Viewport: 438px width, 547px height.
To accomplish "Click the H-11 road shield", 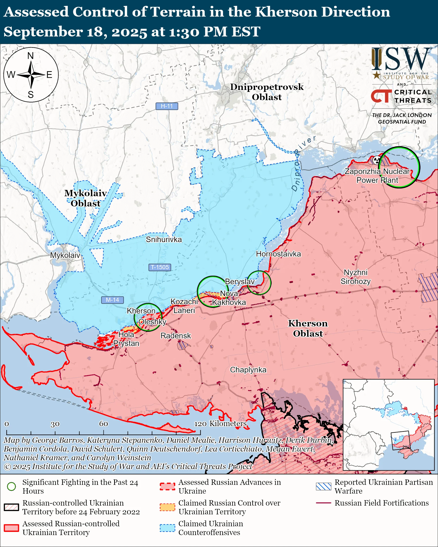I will pyautogui.click(x=167, y=106).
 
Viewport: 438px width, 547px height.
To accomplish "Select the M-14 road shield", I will pyautogui.click(x=112, y=300).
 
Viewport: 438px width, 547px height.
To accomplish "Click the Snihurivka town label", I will pyautogui.click(x=164, y=240).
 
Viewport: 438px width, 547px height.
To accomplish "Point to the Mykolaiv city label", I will pyautogui.click(x=65, y=255).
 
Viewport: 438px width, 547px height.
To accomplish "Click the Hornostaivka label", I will pyautogui.click(x=278, y=254).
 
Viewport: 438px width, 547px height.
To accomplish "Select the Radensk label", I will pyautogui.click(x=175, y=336).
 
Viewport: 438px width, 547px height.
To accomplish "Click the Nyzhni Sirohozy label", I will pyautogui.click(x=356, y=277).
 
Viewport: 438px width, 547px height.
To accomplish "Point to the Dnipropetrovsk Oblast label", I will pyautogui.click(x=267, y=92).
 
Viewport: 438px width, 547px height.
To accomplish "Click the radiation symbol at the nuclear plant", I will pyautogui.click(x=377, y=160).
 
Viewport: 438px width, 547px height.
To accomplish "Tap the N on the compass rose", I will pyautogui.click(x=31, y=56).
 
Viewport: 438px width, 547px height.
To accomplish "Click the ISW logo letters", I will pyautogui.click(x=401, y=60).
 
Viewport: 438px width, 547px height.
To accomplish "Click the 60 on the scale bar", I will pyautogui.click(x=103, y=424).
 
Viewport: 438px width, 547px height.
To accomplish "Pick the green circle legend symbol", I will pyautogui.click(x=11, y=486).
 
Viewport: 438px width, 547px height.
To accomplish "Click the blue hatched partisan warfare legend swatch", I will pyautogui.click(x=324, y=486).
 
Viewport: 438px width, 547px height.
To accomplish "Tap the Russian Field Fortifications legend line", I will pyautogui.click(x=324, y=503).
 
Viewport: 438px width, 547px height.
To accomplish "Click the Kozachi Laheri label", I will pyautogui.click(x=184, y=306).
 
